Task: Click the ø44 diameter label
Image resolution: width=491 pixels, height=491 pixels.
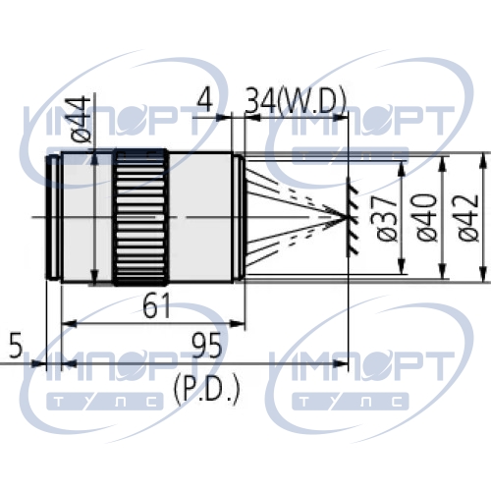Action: (81, 119)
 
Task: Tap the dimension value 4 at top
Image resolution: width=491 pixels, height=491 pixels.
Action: (205, 99)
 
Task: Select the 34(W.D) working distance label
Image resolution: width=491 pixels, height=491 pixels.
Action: (296, 100)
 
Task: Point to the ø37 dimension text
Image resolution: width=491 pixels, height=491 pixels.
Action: (387, 218)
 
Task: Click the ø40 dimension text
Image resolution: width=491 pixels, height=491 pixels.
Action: (427, 218)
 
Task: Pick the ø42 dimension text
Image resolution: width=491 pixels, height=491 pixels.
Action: (468, 218)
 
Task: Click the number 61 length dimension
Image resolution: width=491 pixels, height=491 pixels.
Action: (156, 305)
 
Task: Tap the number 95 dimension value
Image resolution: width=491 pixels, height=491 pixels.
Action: (206, 345)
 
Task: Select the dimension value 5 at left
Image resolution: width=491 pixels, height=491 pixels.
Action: (16, 345)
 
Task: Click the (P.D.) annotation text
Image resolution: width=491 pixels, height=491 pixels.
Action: (207, 390)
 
